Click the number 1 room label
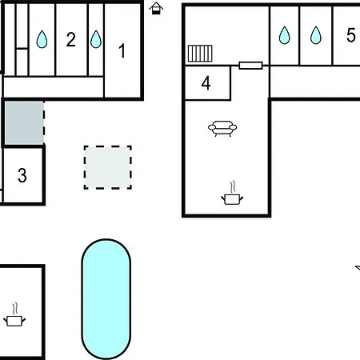click(x=122, y=50)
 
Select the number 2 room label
click(x=71, y=40)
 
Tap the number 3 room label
click(x=22, y=175)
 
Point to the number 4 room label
click(x=206, y=83)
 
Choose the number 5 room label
click(x=351, y=35)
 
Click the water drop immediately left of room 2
click(x=42, y=39)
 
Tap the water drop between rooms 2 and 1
click(x=96, y=39)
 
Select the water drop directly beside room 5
click(x=316, y=35)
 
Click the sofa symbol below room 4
click(x=222, y=129)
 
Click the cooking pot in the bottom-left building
click(x=14, y=321)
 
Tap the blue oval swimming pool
click(x=106, y=299)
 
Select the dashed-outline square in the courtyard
click(x=108, y=167)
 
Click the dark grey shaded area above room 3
click(x=24, y=123)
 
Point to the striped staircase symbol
click(x=200, y=54)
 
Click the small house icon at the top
click(x=156, y=8)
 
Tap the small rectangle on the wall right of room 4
click(x=250, y=66)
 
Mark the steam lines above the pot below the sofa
click(x=233, y=186)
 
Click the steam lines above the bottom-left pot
click(x=15, y=309)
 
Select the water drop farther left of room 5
click(x=285, y=35)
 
